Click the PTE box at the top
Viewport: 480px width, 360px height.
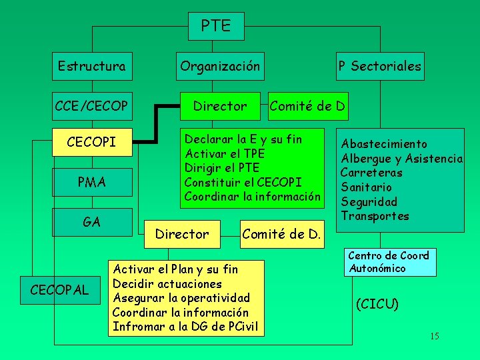click(215, 26)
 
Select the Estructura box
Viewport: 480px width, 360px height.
click(91, 66)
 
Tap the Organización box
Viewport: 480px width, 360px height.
click(220, 66)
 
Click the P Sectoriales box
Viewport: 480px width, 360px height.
click(379, 66)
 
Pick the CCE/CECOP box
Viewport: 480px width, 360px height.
click(91, 105)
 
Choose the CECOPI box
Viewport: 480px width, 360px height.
click(91, 143)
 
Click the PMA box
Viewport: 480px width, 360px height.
click(91, 181)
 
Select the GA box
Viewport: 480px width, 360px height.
click(91, 221)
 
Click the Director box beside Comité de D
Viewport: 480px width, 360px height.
click(219, 105)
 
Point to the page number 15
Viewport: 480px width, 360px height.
click(434, 336)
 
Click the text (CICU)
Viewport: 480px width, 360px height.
click(377, 305)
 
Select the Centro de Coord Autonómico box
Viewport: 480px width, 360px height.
click(389, 262)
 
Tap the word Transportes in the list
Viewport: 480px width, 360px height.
click(375, 216)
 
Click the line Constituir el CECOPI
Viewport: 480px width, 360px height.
click(243, 182)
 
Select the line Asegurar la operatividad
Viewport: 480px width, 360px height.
click(181, 297)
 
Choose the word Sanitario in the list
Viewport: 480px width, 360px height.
click(367, 187)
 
